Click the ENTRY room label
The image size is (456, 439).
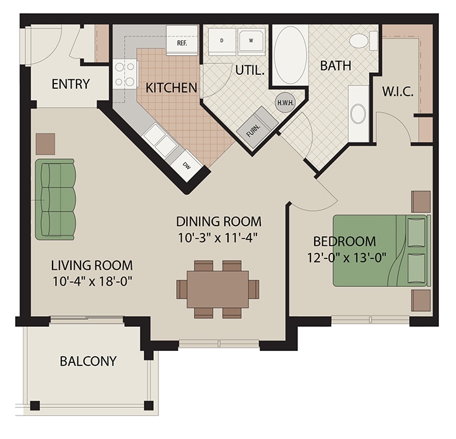[70, 84]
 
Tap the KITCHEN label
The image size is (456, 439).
[171, 87]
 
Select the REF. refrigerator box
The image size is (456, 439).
[181, 40]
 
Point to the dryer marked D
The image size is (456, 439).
[222, 41]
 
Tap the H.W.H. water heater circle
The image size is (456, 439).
[284, 101]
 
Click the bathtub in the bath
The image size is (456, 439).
[290, 54]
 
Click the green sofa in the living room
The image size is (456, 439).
[56, 199]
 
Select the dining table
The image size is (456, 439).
[218, 289]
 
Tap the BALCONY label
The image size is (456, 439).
[88, 361]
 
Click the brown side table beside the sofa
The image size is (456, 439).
[46, 143]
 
